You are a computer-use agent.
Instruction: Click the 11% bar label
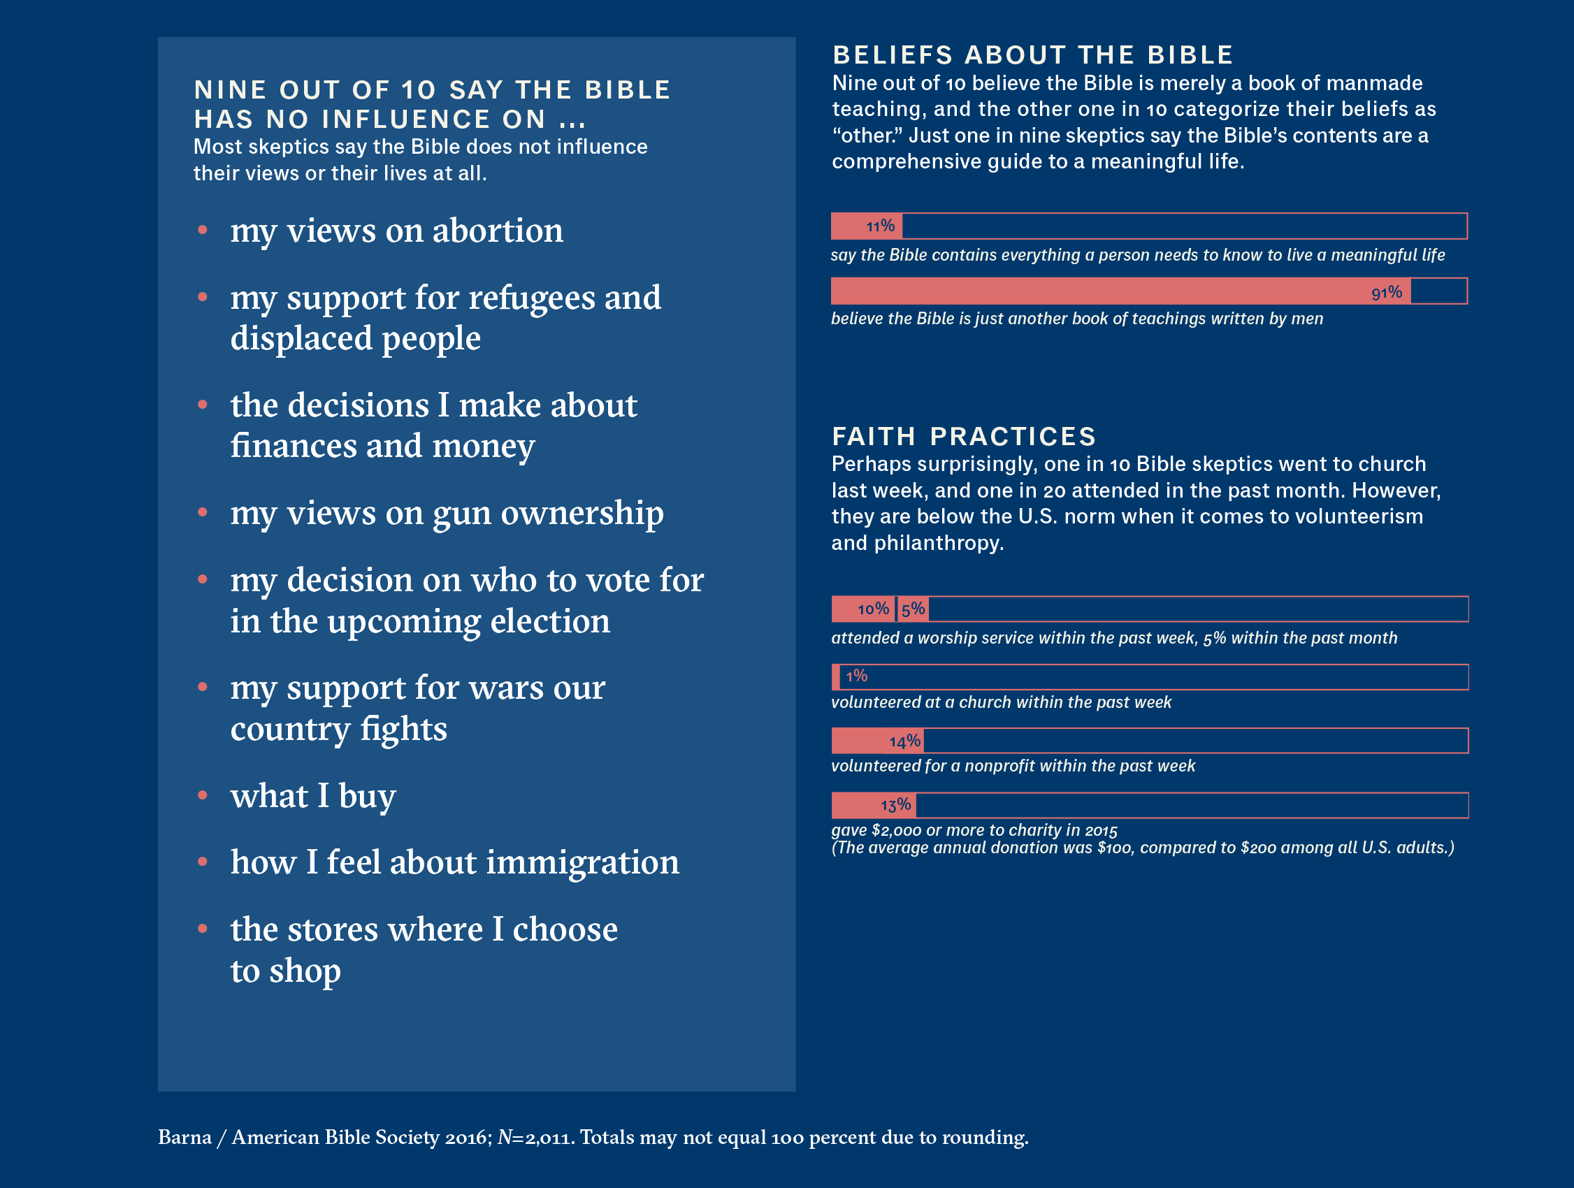(880, 226)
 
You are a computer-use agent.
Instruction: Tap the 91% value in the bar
(1386, 292)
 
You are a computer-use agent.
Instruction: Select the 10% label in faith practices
(873, 609)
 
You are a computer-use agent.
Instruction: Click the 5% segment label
(913, 609)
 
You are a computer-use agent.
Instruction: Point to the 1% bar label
(857, 676)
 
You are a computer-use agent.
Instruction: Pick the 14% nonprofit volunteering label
(904, 741)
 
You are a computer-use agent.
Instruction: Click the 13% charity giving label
(895, 805)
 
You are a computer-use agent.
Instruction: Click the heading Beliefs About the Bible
(1032, 55)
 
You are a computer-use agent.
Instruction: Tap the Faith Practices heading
(963, 436)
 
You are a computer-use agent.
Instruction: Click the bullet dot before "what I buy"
(203, 795)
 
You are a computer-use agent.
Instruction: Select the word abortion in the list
(498, 231)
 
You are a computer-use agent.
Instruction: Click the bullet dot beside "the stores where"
(203, 929)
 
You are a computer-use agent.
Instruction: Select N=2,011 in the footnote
(535, 1138)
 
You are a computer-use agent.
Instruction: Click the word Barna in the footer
(185, 1138)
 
